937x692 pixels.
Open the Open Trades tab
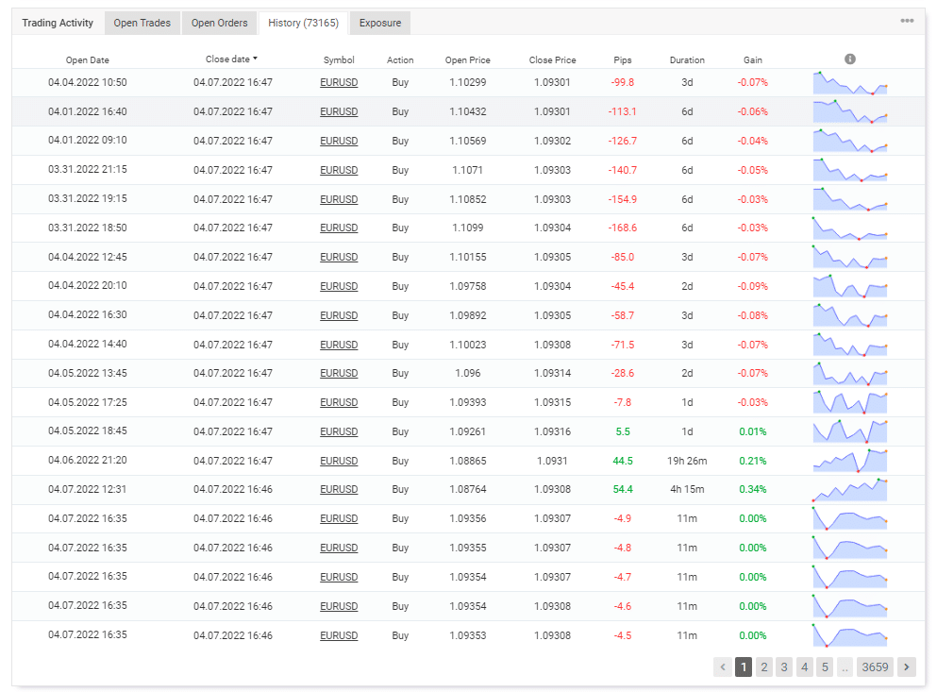(142, 23)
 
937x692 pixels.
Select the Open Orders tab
(219, 23)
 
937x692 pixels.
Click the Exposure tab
(379, 23)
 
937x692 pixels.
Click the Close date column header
(232, 59)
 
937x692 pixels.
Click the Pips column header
(622, 59)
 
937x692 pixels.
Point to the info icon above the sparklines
(850, 59)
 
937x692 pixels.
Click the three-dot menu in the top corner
(907, 21)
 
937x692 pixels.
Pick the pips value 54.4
(622, 489)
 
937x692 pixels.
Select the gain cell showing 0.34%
(752, 489)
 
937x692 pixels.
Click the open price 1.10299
(467, 82)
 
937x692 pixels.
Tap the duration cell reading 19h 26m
(687, 461)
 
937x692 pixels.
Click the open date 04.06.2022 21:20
(87, 461)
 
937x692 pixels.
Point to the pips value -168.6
(622, 228)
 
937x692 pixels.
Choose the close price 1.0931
(552, 461)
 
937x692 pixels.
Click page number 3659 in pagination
(875, 667)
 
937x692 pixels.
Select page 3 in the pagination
(784, 667)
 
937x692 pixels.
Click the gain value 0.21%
(752, 461)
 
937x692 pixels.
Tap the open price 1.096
(467, 373)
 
